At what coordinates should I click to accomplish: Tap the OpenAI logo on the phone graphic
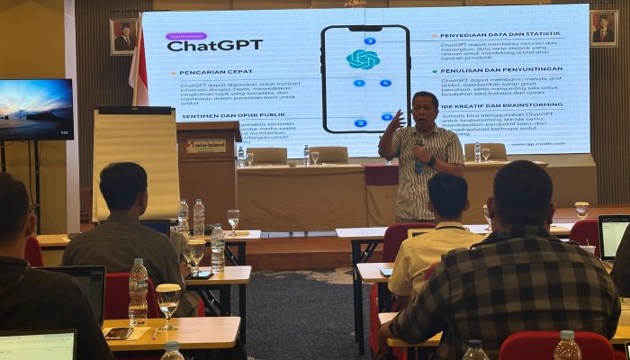(x=363, y=59)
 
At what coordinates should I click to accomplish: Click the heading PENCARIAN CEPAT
(x=211, y=71)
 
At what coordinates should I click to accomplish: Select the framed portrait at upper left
(x=123, y=36)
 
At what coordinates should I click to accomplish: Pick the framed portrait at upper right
(x=602, y=29)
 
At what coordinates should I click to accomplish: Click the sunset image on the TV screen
(x=35, y=109)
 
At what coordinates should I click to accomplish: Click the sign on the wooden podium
(x=206, y=145)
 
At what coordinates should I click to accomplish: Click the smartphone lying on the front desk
(x=119, y=333)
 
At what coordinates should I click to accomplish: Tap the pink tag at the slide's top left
(x=185, y=36)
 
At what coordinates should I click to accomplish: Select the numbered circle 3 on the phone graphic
(x=369, y=40)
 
